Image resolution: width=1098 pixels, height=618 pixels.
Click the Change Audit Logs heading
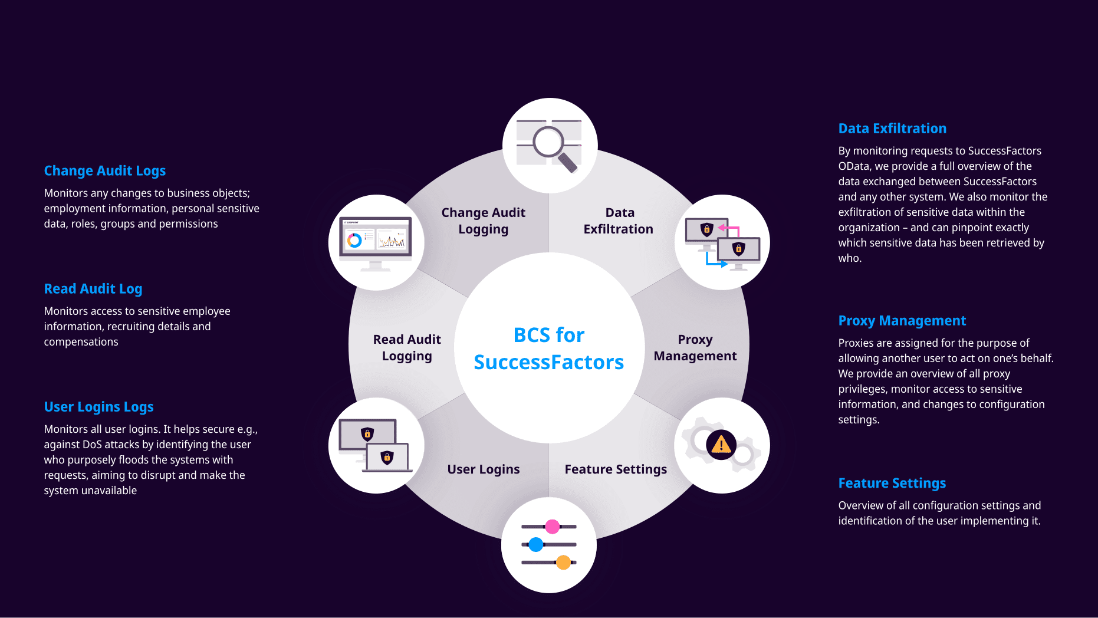point(105,171)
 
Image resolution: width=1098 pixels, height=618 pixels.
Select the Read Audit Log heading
point(93,289)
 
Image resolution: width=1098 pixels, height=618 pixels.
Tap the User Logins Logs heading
point(99,407)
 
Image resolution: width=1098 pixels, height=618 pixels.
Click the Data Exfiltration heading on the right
point(892,129)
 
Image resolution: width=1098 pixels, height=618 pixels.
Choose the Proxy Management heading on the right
point(902,321)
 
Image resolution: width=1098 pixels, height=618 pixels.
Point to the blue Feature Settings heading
point(892,484)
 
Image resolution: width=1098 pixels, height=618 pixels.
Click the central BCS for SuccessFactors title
point(549,349)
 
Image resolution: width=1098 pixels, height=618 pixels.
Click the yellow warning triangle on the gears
point(721,444)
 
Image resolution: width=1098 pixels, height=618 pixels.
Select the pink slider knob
point(553,527)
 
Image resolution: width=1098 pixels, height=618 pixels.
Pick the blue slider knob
point(536,544)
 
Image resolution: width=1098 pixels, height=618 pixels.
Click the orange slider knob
point(564,563)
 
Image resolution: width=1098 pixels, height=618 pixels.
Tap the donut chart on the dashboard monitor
point(354,240)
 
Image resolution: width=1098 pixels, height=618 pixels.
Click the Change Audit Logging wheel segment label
point(484,221)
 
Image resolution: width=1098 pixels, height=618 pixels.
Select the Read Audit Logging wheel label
point(407,348)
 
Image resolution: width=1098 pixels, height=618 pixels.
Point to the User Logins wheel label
point(484,469)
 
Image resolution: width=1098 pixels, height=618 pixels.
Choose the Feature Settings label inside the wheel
point(616,469)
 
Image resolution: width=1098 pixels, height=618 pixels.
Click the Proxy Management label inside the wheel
point(695,348)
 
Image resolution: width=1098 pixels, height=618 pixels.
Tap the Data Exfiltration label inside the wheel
point(619,221)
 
